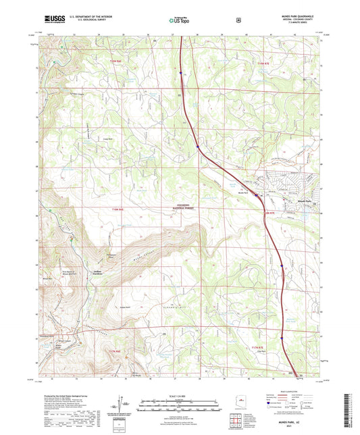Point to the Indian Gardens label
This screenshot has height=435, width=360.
(79, 273)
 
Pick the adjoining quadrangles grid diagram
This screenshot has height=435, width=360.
(237, 422)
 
